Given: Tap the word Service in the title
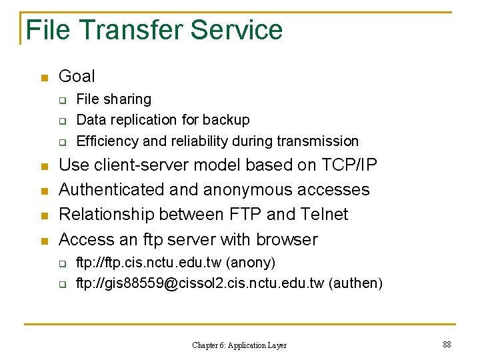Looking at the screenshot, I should point(236,30).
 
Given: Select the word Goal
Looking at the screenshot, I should point(77,76).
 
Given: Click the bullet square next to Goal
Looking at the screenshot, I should point(44,78).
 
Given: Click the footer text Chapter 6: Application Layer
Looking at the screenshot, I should point(239,345).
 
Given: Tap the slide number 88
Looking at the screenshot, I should point(447,344).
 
